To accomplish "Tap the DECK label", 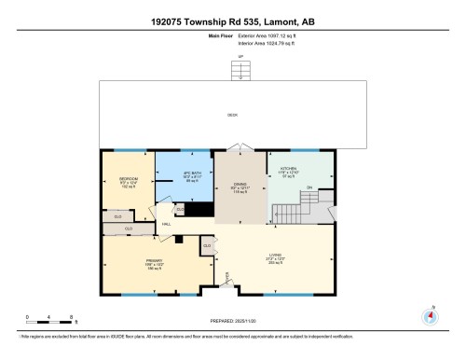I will [232, 115].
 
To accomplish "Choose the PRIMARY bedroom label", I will [154, 262].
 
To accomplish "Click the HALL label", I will [166, 224].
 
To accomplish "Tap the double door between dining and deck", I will [241, 148].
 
